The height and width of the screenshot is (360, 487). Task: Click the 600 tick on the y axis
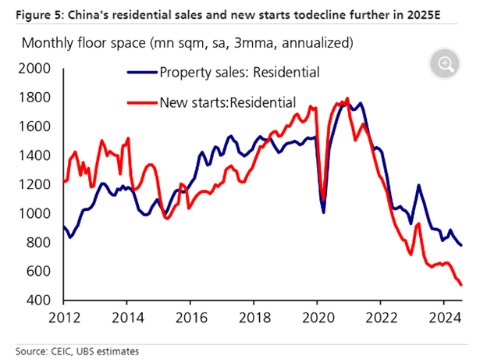point(38,271)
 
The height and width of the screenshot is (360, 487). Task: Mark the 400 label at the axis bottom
point(38,300)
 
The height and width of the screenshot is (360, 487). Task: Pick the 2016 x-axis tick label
point(190,318)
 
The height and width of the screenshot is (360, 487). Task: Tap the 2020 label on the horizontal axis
point(317,318)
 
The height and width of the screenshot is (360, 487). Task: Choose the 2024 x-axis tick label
point(443,318)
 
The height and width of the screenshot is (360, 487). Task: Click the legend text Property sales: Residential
point(239,73)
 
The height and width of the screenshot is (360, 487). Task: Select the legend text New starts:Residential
point(227,102)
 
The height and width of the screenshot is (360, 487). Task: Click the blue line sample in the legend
point(142,73)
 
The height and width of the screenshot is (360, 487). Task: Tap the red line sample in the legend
point(142,102)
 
